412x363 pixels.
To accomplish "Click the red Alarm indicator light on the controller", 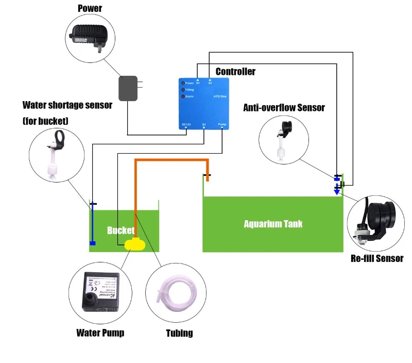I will [x=182, y=96].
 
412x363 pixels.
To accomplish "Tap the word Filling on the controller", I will [x=190, y=90].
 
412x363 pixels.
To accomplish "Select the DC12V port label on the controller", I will [x=186, y=124].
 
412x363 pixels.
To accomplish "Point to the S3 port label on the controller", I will [x=204, y=124].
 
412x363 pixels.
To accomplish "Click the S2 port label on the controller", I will [x=210, y=83].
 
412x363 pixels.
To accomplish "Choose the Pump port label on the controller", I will [x=222, y=124].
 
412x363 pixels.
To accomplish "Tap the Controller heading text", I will [x=235, y=72].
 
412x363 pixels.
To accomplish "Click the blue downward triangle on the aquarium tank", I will [x=337, y=191].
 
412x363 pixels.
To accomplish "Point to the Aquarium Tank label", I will [x=273, y=224].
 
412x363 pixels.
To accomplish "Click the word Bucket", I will [x=120, y=230].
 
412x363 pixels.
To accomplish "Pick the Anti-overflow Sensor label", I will [x=284, y=107].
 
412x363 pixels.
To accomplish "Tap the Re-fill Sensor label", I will [x=377, y=258].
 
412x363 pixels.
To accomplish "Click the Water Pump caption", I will [x=100, y=333].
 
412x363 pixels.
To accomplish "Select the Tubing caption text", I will [x=179, y=333].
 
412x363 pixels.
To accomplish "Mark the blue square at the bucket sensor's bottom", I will [x=93, y=243].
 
